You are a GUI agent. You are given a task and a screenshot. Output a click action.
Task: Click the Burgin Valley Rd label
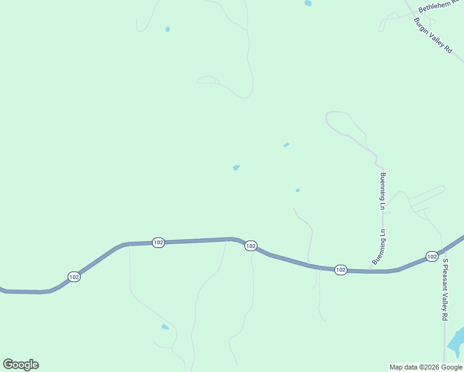point(433,35)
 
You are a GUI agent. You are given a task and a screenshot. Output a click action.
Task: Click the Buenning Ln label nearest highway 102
point(379,248)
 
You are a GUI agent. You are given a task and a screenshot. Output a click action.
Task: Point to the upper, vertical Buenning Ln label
point(383,191)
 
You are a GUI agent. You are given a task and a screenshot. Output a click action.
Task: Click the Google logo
point(20,365)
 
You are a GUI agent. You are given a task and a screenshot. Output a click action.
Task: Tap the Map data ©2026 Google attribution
point(426,367)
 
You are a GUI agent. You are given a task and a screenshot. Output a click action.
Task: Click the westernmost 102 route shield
point(74,277)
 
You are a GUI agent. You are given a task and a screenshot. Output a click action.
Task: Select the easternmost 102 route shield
point(432,256)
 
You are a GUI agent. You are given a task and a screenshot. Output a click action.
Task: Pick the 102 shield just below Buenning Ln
point(341,270)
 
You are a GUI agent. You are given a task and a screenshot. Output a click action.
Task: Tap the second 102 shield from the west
point(158,242)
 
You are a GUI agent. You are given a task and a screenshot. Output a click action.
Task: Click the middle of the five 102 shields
point(251,246)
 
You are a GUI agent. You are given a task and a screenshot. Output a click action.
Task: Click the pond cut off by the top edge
point(308,3)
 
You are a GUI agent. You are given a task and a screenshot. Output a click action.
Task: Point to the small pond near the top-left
point(167,29)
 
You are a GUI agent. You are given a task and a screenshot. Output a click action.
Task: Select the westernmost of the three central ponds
point(236,167)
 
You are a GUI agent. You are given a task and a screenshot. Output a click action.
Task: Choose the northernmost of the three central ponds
point(286,145)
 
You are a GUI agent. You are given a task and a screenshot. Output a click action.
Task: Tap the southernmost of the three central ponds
point(298,190)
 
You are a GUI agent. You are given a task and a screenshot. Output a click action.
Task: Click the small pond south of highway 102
point(165,327)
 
